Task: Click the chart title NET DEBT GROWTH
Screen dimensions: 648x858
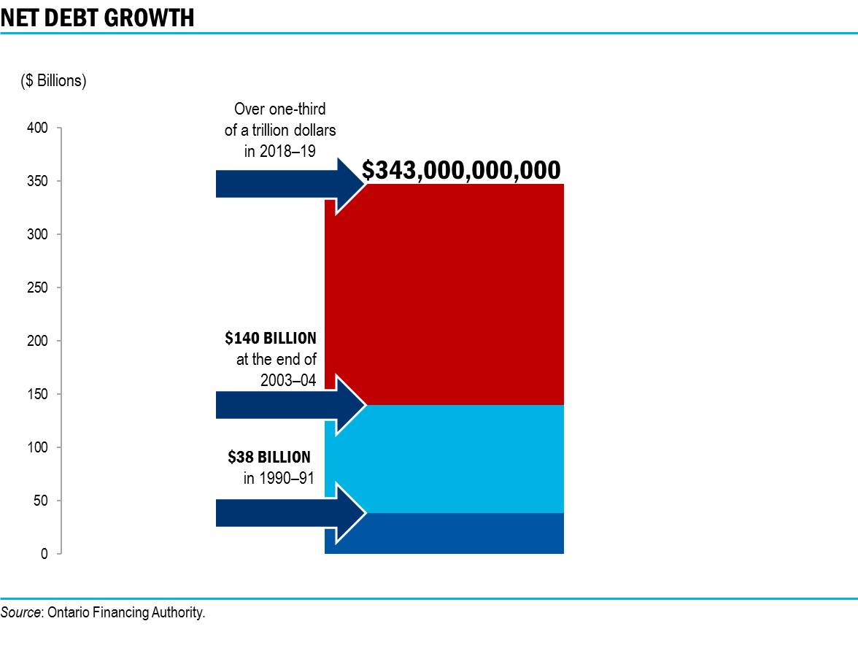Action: (98, 18)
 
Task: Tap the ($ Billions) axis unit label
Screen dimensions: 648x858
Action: (53, 81)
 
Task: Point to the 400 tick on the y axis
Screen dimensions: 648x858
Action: (39, 128)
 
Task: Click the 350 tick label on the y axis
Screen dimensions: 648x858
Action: (39, 182)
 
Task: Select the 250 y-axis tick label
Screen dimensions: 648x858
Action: (39, 288)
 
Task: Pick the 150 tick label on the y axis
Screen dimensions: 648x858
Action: (39, 395)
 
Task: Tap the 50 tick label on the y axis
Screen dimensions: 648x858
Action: (42, 501)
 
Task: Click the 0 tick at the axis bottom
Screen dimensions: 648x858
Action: (45, 555)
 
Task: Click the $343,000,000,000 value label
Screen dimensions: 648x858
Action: (461, 170)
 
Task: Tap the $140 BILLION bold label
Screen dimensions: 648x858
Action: (271, 339)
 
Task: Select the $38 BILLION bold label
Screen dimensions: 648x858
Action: (269, 458)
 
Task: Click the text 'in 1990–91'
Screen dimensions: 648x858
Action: (278, 479)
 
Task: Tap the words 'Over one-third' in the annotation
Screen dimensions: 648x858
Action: (279, 109)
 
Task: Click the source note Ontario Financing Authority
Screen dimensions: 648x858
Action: (103, 613)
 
